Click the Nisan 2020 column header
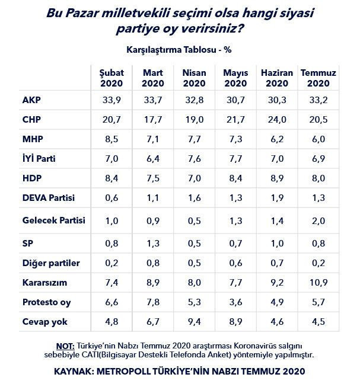tap(194, 78)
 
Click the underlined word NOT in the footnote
tap(65, 346)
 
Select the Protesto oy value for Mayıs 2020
tap(234, 302)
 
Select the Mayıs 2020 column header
tap(235, 78)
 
